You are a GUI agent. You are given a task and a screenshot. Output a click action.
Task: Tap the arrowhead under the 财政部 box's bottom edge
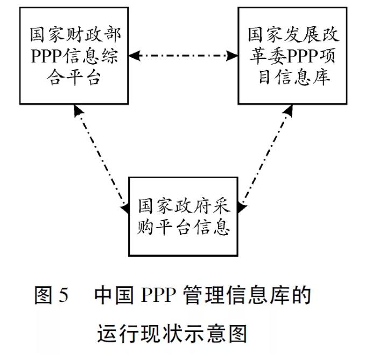point(79,110)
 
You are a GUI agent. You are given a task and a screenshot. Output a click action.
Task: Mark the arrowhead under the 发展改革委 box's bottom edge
point(287,110)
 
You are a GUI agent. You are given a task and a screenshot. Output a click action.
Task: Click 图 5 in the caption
point(52,297)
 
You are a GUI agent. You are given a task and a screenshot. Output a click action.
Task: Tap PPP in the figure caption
point(161,297)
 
